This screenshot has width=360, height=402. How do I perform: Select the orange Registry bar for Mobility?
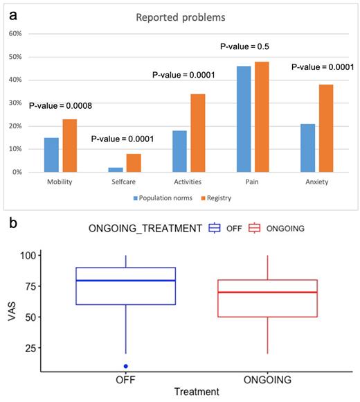[x=69, y=146]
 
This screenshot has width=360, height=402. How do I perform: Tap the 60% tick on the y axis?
[x=15, y=33]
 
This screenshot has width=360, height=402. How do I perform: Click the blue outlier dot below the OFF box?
[x=125, y=366]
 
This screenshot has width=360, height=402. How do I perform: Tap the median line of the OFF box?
[x=125, y=281]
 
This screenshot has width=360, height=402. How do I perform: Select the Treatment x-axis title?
[x=196, y=392]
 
